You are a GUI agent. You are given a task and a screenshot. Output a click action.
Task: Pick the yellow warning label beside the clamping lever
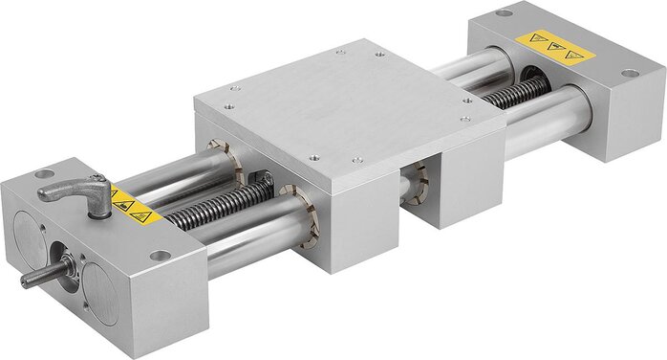click(134, 206)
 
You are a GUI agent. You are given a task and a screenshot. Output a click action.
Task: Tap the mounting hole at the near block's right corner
click(159, 256)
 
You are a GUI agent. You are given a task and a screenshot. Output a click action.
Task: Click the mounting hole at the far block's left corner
click(504, 13)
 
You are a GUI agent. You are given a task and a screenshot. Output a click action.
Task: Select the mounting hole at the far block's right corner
click(629, 73)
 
